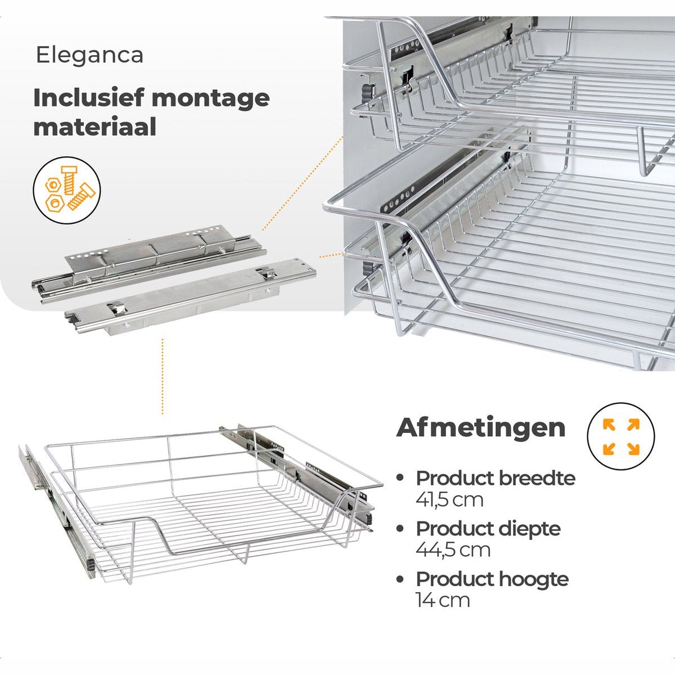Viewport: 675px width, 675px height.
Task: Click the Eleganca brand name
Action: tap(89, 55)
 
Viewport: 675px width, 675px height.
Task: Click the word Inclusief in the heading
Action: tap(89, 98)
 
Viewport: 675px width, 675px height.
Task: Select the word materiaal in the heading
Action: tap(94, 127)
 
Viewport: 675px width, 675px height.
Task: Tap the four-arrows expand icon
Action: tap(621, 436)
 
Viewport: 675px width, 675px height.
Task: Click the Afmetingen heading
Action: tap(481, 427)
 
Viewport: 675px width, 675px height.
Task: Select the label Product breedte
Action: tap(496, 478)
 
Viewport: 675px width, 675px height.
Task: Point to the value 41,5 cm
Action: tap(449, 499)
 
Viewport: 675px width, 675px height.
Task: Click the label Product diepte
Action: tap(488, 529)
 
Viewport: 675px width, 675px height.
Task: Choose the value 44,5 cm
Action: tap(453, 550)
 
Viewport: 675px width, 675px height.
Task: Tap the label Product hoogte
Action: tap(492, 579)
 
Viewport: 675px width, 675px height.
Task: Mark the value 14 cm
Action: tap(443, 600)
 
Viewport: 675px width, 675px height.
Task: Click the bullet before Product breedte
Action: tap(400, 478)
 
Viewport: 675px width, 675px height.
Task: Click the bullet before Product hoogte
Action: tap(400, 579)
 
